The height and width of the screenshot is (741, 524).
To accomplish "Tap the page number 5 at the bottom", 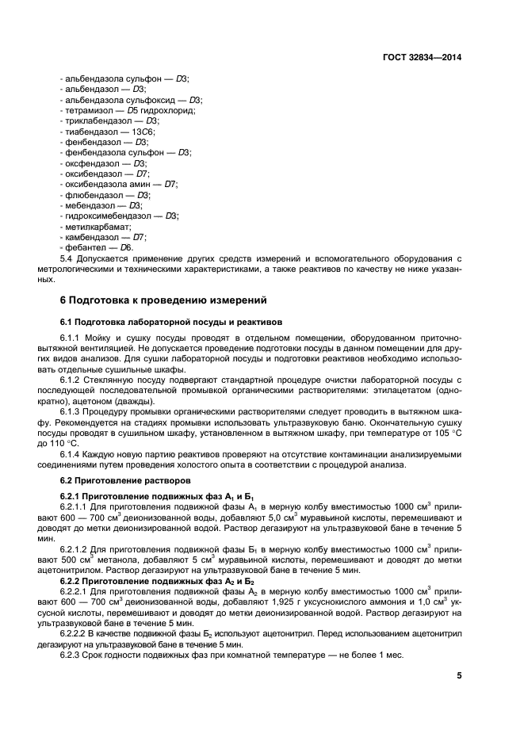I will [459, 676].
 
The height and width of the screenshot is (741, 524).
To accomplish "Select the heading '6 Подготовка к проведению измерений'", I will [164, 300].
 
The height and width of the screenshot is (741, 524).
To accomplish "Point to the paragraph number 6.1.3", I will [72, 411].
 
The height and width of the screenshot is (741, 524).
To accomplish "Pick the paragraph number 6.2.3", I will [72, 654].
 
